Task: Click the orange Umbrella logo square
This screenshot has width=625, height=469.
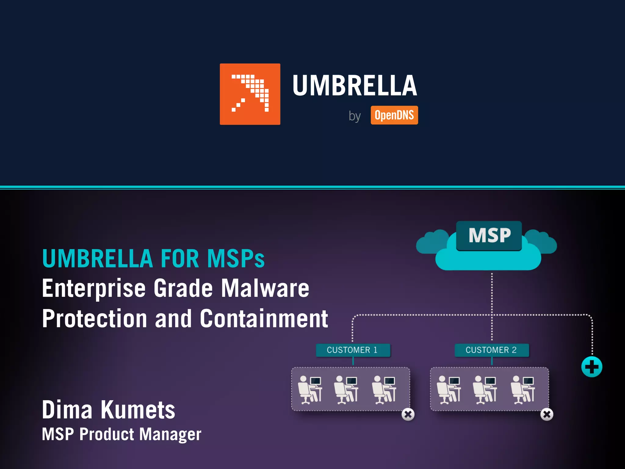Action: coord(250,94)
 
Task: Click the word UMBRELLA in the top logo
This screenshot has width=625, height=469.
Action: coord(355,86)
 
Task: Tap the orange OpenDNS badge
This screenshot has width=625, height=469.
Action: coord(394,115)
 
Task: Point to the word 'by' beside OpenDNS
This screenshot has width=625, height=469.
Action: coord(355,116)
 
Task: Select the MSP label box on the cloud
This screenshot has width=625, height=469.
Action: coord(489,235)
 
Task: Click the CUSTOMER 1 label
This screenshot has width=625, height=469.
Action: coord(353,350)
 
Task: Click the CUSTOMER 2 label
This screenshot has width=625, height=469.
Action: coord(491,350)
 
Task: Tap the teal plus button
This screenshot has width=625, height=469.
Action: coord(591,367)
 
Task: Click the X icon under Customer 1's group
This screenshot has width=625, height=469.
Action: coord(408,414)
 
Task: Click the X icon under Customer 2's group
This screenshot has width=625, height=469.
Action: coord(547,414)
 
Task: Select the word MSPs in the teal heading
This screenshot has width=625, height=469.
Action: coord(236,259)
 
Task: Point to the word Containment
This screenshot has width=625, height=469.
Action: coord(264,318)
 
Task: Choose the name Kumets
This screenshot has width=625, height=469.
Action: coord(138,410)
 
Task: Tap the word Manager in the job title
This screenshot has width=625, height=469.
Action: coord(170,434)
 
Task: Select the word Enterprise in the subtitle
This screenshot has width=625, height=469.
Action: coord(94,289)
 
